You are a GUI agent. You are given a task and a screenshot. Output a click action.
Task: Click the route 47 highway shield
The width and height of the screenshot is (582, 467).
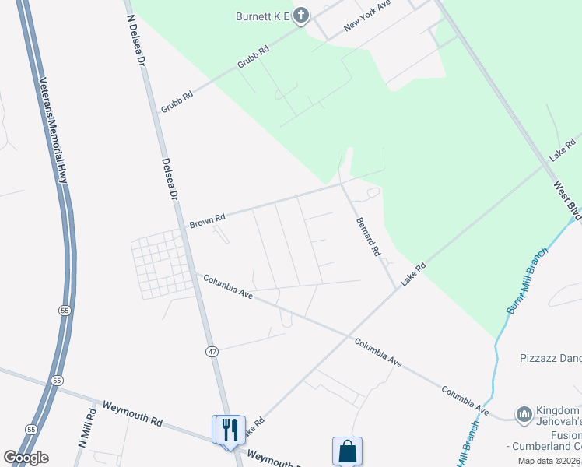pyautogui.click(x=212, y=352)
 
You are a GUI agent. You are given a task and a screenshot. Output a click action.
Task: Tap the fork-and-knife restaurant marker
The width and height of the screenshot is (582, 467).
pyautogui.click(x=230, y=430)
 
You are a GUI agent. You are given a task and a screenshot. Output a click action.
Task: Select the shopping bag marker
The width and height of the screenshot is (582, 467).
pyautogui.click(x=347, y=451)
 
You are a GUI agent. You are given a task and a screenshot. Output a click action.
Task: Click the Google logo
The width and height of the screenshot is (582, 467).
pyautogui.click(x=26, y=458)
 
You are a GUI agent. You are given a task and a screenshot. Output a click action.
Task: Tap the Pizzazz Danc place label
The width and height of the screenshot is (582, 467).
pyautogui.click(x=550, y=359)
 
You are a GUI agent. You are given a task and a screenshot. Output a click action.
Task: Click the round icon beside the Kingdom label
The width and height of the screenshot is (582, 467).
pyautogui.click(x=523, y=413)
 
